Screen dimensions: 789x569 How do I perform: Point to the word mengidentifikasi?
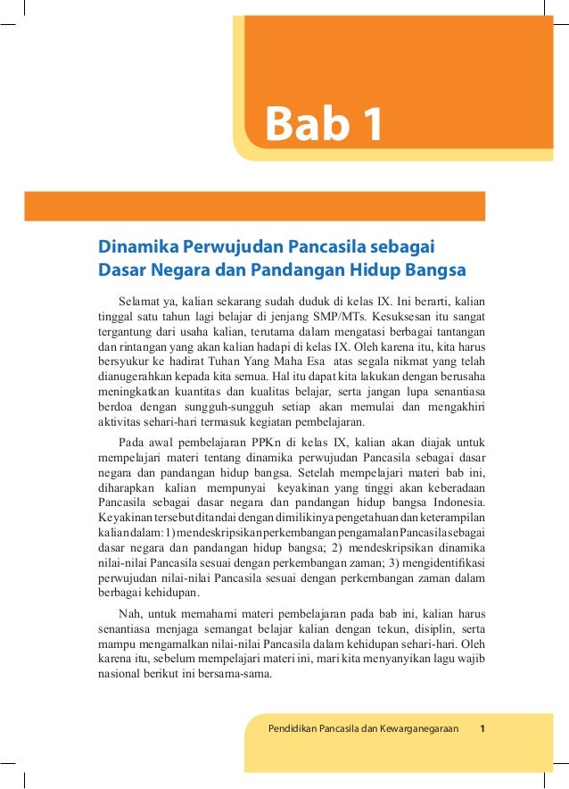(433, 562)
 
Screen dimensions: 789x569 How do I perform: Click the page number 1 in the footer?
(482, 729)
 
